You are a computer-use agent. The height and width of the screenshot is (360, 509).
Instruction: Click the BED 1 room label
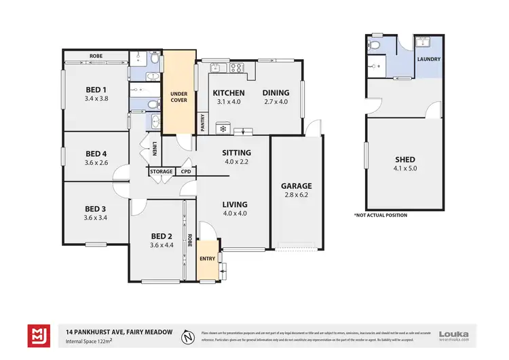(x=96, y=90)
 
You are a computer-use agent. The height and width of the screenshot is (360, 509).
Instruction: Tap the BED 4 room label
(x=96, y=153)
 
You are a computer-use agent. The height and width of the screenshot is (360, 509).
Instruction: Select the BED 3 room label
(x=96, y=209)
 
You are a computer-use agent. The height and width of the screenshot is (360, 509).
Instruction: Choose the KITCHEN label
(x=228, y=93)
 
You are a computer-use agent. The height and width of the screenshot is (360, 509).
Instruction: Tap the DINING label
(x=276, y=93)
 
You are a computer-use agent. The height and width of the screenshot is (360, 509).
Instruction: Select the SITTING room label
(x=236, y=153)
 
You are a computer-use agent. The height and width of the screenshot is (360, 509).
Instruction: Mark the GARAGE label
(x=297, y=185)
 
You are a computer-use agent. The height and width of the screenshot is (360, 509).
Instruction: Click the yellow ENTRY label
(x=207, y=259)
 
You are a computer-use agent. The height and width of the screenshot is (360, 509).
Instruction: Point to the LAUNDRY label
(x=429, y=59)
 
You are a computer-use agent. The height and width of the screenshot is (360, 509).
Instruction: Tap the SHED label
(x=405, y=160)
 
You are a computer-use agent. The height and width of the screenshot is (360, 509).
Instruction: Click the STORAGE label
(x=162, y=172)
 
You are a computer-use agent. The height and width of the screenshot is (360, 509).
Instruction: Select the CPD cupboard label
(x=185, y=172)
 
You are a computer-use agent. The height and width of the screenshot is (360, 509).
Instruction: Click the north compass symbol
(x=187, y=336)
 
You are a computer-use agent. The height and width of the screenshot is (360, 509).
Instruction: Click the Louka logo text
(x=455, y=333)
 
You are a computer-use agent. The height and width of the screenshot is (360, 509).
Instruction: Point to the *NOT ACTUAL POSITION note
(x=381, y=215)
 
